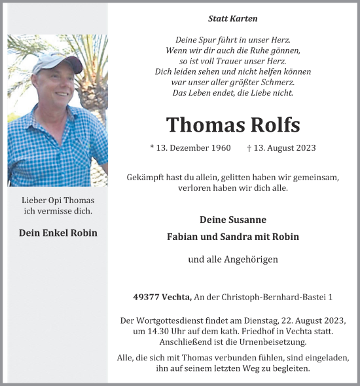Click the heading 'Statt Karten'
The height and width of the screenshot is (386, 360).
pyautogui.click(x=232, y=18)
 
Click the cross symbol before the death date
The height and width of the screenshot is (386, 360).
pyautogui.click(x=251, y=147)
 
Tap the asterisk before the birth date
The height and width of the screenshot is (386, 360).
pyautogui.click(x=153, y=148)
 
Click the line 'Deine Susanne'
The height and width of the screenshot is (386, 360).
pyautogui.click(x=232, y=220)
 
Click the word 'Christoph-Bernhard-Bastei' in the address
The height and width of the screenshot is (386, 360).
pyautogui.click(x=279, y=297)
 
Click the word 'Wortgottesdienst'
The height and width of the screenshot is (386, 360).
pyautogui.click(x=165, y=320)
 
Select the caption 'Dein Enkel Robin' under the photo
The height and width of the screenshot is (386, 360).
pyautogui.click(x=58, y=233)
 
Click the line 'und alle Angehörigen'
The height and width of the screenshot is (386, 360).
pyautogui.click(x=232, y=260)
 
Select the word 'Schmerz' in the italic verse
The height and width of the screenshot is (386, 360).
pyautogui.click(x=276, y=82)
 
